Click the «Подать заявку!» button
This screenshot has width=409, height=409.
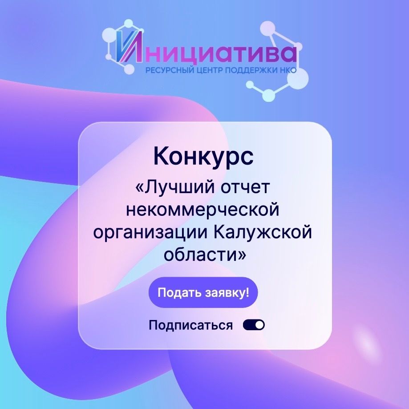click(203, 292)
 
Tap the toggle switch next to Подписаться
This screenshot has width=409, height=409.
click(254, 325)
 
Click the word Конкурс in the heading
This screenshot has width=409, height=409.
click(203, 157)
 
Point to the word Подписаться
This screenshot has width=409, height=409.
click(190, 325)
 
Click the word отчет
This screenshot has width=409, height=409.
click(245, 188)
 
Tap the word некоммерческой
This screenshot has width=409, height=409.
click(202, 210)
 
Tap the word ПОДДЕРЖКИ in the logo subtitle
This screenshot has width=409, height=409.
click(250, 70)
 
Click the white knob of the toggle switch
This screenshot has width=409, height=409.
click(259, 325)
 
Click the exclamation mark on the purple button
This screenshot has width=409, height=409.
click(247, 292)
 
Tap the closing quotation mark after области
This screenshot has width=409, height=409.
click(242, 255)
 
